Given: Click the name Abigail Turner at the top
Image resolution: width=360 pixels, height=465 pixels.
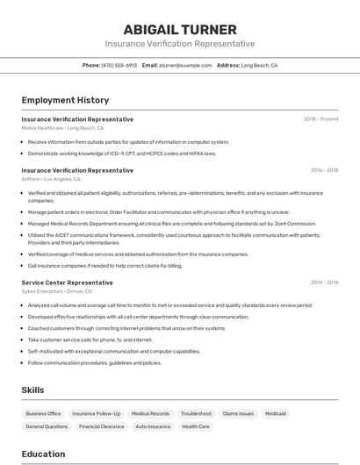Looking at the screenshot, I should tap(180, 29).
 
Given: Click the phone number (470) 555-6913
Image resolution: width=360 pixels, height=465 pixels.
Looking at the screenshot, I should tap(119, 65).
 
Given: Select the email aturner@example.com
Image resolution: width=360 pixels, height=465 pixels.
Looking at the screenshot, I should tap(186, 65).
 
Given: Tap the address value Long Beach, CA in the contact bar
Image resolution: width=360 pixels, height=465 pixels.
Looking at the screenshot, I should tap(259, 65).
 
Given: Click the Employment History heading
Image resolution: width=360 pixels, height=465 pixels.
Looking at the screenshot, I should tap(65, 100).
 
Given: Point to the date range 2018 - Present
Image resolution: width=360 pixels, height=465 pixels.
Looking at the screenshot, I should tap(320, 119).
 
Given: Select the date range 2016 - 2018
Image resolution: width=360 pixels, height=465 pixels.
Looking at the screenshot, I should tap(324, 170).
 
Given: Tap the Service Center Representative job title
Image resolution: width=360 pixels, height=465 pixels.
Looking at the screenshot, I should tap(68, 283).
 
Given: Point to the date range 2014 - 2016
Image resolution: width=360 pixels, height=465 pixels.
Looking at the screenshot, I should tap(324, 283).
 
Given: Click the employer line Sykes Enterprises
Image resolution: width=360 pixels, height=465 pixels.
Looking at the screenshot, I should tap(55, 291).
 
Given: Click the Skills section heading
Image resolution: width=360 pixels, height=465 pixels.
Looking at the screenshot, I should tap(32, 390).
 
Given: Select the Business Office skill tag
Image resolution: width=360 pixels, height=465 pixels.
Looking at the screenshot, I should tap(43, 413).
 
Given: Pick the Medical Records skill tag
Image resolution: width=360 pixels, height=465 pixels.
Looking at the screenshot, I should tap(150, 413).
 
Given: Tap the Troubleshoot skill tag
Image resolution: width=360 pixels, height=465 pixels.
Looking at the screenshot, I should tap(196, 413).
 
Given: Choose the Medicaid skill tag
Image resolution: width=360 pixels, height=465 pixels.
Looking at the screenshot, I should tap(276, 413).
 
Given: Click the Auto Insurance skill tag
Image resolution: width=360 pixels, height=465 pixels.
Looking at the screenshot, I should tap(153, 426).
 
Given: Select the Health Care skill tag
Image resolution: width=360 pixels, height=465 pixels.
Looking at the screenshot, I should tap(196, 426).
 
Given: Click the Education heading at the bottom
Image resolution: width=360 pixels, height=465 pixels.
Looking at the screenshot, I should tap(43, 454).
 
